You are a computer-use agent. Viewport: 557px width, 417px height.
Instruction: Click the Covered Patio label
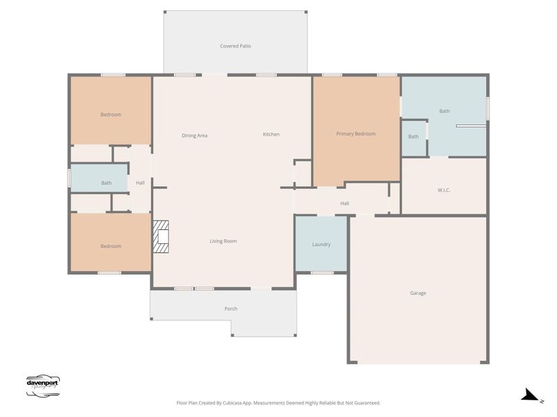pyautogui.click(x=235, y=46)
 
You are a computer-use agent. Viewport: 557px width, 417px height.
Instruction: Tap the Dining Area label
pyautogui.click(x=194, y=135)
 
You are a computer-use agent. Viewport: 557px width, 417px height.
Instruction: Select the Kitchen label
pyautogui.click(x=271, y=134)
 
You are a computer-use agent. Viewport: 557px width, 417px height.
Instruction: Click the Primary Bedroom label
pyautogui.click(x=356, y=133)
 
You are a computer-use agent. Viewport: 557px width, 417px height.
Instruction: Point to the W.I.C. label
pyautogui.click(x=444, y=190)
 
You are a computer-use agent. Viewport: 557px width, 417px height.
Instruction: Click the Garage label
pyautogui.click(x=418, y=293)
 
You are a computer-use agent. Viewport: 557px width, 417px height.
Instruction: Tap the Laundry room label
pyautogui.click(x=321, y=244)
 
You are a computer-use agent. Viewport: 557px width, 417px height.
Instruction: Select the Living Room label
pyautogui.click(x=223, y=241)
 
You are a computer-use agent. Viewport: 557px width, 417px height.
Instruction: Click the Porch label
pyautogui.click(x=230, y=309)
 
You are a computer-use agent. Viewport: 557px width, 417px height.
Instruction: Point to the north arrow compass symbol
pyautogui.click(x=531, y=395)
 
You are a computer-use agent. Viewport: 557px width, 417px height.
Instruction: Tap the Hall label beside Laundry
pyautogui.click(x=344, y=204)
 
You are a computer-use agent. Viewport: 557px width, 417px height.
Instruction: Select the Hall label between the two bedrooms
pyautogui.click(x=140, y=183)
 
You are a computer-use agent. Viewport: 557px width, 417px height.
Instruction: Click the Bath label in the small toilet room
pyautogui.click(x=414, y=136)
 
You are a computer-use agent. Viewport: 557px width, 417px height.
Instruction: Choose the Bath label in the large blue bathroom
pyautogui.click(x=444, y=111)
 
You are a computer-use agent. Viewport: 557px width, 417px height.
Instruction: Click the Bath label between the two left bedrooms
pyautogui.click(x=106, y=183)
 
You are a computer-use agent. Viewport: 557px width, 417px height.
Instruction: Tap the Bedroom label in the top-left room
pyautogui.click(x=110, y=115)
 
